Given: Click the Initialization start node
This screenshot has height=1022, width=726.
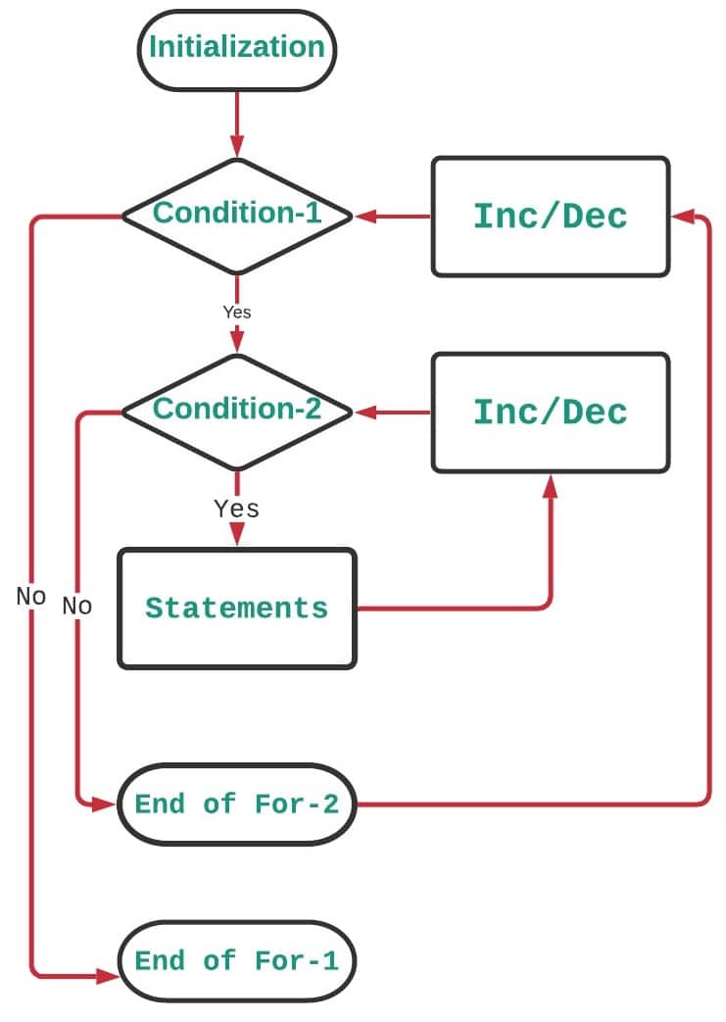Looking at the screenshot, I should (x=236, y=48).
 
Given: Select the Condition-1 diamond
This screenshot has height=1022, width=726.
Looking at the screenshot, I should (x=236, y=215).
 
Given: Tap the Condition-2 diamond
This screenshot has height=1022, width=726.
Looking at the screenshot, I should (x=236, y=411).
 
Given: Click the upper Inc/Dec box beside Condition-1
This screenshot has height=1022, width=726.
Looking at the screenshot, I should (x=550, y=217).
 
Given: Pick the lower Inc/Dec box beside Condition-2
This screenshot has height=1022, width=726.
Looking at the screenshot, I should (x=550, y=413).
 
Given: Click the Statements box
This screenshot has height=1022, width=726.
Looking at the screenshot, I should (x=236, y=608).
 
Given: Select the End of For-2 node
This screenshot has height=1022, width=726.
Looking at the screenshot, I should (x=236, y=804).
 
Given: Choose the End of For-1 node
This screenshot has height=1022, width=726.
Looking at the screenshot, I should (x=236, y=961).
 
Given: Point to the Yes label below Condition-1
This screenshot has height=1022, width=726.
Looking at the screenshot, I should (x=236, y=313).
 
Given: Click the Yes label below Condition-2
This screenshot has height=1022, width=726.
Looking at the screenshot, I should (x=236, y=509).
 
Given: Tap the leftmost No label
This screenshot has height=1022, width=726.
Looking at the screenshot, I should (x=30, y=596).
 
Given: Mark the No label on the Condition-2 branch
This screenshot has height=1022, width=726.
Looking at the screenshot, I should (x=76, y=606).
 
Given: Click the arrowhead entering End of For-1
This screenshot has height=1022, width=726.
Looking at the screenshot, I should (x=107, y=976).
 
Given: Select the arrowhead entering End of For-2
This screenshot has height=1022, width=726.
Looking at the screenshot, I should (x=107, y=805).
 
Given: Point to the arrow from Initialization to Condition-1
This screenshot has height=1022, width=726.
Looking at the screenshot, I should (x=236, y=122).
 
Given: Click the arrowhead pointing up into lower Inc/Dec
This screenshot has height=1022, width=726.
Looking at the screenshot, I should (x=550, y=486).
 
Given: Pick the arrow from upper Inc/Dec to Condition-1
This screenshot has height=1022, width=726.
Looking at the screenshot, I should (x=392, y=217).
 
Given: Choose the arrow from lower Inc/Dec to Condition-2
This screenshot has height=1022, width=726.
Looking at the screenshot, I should (x=392, y=413).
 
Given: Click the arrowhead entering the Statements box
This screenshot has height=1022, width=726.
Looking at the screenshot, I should (x=236, y=535).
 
